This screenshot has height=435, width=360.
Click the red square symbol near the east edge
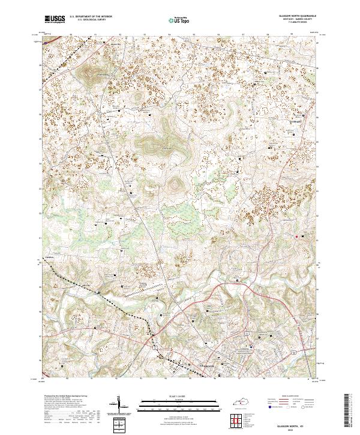coord(296,236)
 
